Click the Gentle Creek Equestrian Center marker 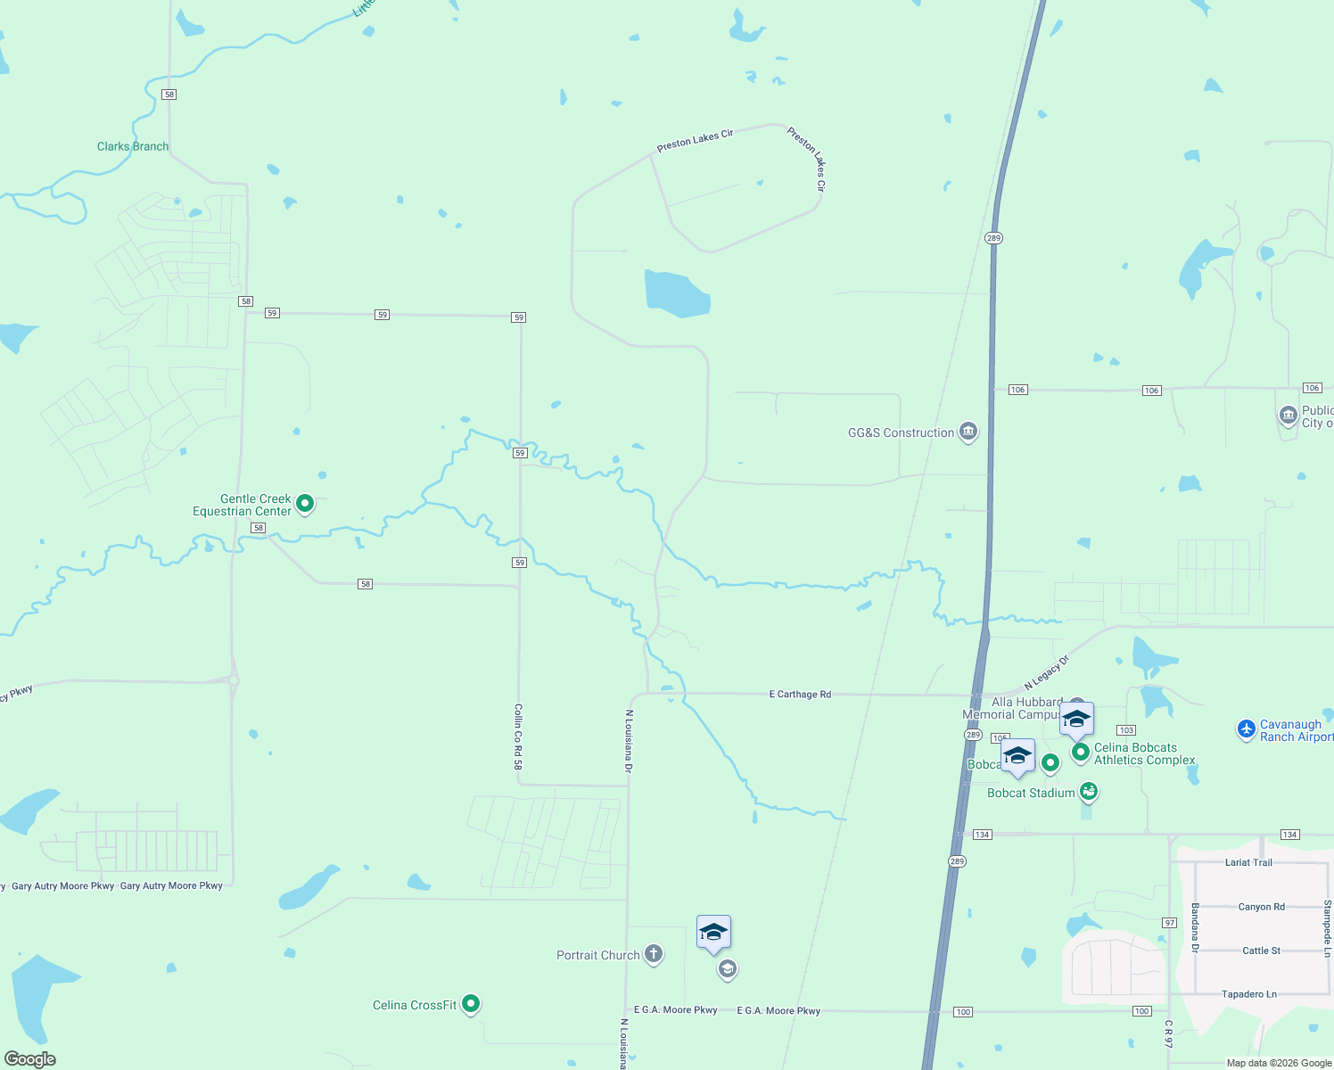point(305,504)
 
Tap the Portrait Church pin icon point(654,955)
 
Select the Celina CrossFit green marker point(471,1004)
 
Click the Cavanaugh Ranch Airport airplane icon point(1247,729)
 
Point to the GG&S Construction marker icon point(968,432)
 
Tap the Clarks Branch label point(133,146)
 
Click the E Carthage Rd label point(800,694)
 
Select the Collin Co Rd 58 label point(518,737)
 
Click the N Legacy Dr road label point(1046,672)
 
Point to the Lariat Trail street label point(1248,862)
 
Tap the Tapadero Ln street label point(1248,994)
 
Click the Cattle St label point(1261,951)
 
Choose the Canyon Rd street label point(1261,907)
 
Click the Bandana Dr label point(1195,927)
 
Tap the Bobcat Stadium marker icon point(1088,791)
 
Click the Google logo point(30,1059)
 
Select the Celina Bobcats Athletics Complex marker point(1081,753)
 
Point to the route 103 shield point(1126,730)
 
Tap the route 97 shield point(1169,923)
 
